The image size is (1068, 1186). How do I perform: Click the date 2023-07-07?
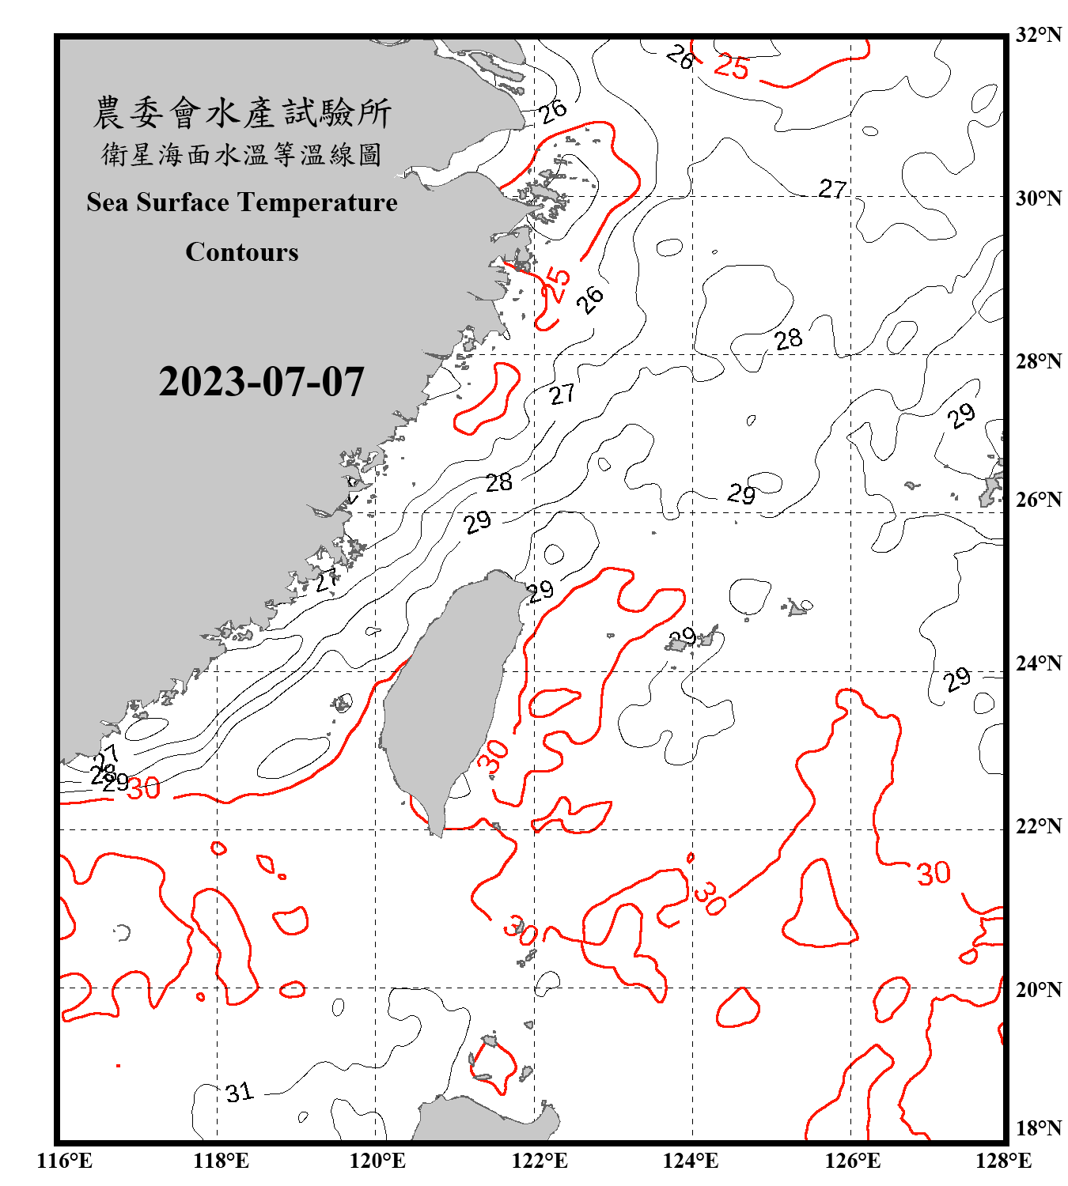[x=261, y=382]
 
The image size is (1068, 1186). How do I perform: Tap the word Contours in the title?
[x=242, y=251]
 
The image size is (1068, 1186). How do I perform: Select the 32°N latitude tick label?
[x=1038, y=35]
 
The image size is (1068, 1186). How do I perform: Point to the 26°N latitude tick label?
[x=1038, y=500]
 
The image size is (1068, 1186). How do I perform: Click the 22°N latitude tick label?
[x=1038, y=826]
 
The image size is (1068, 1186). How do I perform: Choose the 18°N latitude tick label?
[x=1038, y=1128]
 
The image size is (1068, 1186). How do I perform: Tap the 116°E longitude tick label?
[x=65, y=1161]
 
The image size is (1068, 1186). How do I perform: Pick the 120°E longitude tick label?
[x=377, y=1161]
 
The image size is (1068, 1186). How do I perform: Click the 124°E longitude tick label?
[x=691, y=1161]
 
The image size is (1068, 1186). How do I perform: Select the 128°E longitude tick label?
[x=1003, y=1161]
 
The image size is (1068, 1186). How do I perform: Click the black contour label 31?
[x=239, y=1093]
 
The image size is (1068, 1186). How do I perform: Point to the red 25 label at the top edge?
[x=731, y=67]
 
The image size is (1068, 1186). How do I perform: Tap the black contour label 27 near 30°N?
[x=832, y=189]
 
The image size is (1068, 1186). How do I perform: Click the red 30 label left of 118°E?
[x=144, y=788]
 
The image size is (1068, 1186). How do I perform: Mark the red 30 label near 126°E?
[x=934, y=873]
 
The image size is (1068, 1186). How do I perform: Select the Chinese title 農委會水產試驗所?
[x=242, y=113]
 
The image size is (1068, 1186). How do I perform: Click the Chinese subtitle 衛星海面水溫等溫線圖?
[x=242, y=154]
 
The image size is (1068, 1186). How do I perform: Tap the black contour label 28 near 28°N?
[x=788, y=339]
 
